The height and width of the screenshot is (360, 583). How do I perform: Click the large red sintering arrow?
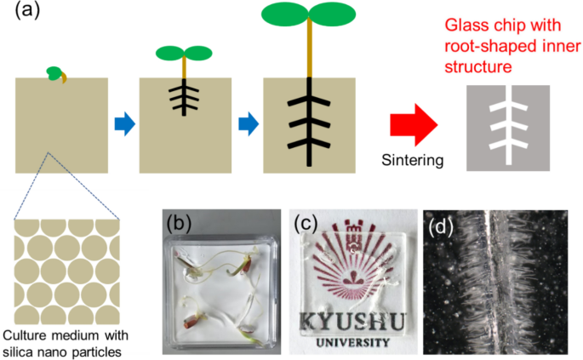pos(413,124)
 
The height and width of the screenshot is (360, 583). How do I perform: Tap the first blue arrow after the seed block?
pos(124,124)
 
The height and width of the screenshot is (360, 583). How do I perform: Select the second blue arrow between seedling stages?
pos(248,124)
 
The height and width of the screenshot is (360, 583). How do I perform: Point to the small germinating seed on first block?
pos(56,75)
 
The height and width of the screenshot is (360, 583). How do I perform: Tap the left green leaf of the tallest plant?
pos(286,14)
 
